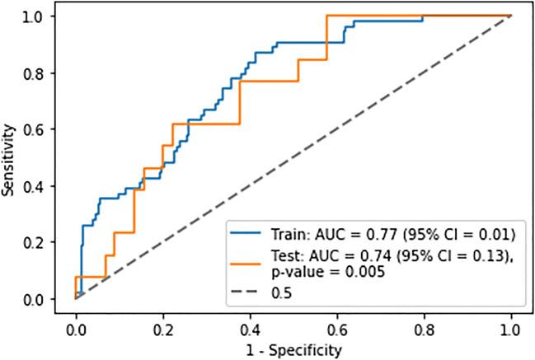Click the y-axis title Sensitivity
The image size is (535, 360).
click(9, 158)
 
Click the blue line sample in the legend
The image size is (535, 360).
click(250, 231)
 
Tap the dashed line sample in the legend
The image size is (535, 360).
click(250, 292)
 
